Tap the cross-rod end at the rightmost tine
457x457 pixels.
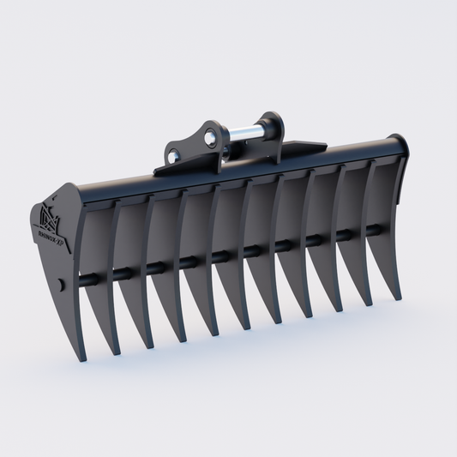[377, 229]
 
